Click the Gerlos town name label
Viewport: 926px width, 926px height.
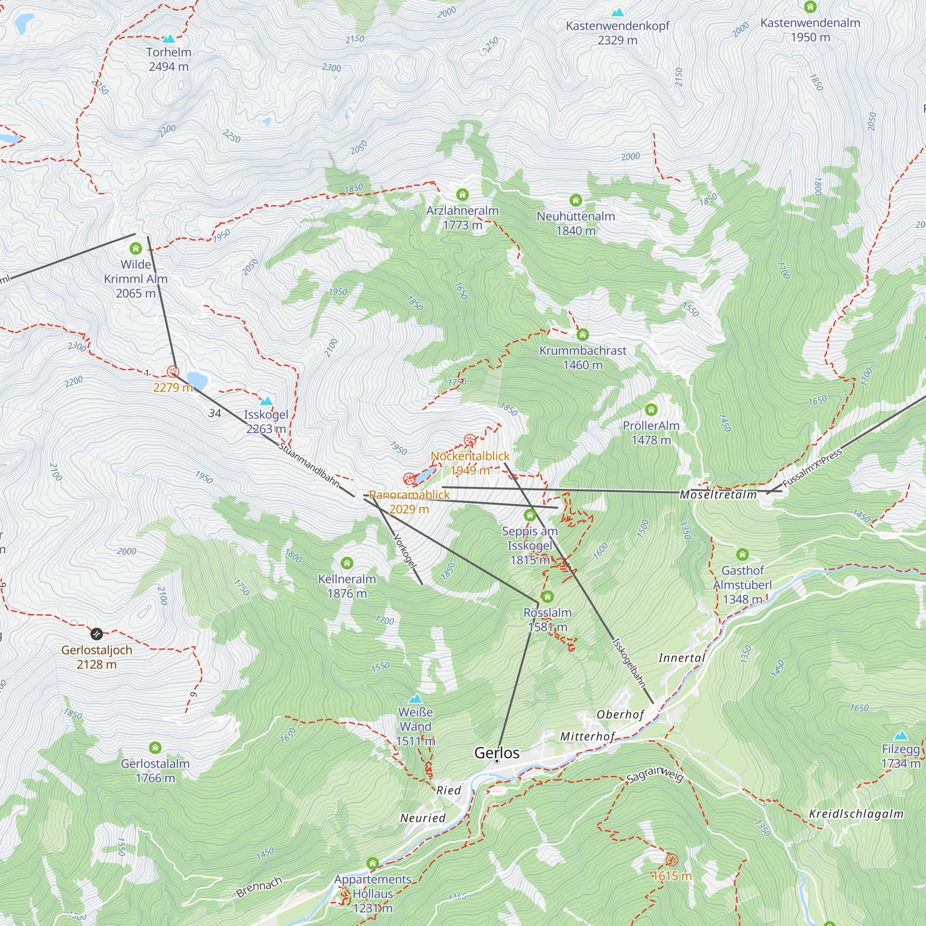pyautogui.click(x=496, y=752)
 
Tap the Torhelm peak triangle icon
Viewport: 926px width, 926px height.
pyautogui.click(x=168, y=39)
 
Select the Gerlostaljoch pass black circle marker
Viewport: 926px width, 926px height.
pyautogui.click(x=96, y=634)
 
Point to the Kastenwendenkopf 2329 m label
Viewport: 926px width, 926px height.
pyautogui.click(x=617, y=32)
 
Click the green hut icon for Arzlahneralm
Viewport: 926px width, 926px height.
pyautogui.click(x=462, y=194)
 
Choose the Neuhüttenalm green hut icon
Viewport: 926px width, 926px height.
pyautogui.click(x=575, y=200)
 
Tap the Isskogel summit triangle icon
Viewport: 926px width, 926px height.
pyautogui.click(x=266, y=400)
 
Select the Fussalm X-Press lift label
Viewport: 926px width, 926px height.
pyautogui.click(x=812, y=468)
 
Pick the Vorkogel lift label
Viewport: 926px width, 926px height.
pyautogui.click(x=405, y=551)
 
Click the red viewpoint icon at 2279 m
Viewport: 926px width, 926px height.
pyautogui.click(x=173, y=371)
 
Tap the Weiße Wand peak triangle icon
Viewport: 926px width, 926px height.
pyautogui.click(x=416, y=698)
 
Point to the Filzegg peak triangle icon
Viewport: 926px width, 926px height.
pyautogui.click(x=901, y=735)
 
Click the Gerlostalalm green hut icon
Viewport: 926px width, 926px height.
pyautogui.click(x=155, y=747)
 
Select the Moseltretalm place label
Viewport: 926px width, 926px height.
pyautogui.click(x=718, y=494)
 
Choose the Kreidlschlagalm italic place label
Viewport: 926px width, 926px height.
pyautogui.click(x=856, y=814)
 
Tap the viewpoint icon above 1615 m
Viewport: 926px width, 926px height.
pyautogui.click(x=671, y=859)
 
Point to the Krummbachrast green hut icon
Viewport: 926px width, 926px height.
pyautogui.click(x=582, y=335)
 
